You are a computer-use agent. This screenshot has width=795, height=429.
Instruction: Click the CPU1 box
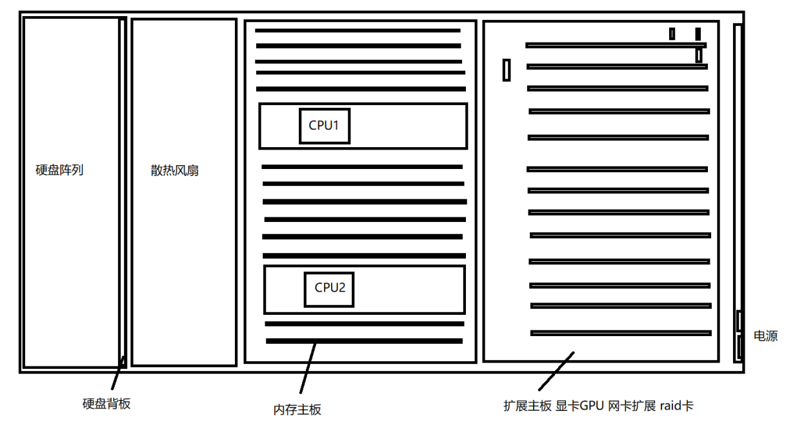click(325, 126)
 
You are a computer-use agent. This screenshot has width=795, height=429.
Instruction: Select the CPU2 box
click(329, 288)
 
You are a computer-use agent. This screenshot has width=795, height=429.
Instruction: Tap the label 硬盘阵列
click(59, 170)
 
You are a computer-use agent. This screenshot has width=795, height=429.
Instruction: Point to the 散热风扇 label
click(174, 171)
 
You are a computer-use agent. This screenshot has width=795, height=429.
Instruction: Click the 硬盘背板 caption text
click(107, 404)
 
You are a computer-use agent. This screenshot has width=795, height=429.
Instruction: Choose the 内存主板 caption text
click(297, 409)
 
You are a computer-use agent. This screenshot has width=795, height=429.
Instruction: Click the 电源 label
click(766, 336)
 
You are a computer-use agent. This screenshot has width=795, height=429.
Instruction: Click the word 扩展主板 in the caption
click(527, 406)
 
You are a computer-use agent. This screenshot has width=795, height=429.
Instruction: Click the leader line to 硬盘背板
click(117, 374)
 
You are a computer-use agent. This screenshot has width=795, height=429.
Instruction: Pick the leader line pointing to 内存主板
click(308, 368)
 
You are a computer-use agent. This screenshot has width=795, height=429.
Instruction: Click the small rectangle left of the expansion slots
click(507, 70)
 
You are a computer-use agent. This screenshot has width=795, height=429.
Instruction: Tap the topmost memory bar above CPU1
click(357, 30)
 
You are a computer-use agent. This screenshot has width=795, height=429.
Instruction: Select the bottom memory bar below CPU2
click(364, 341)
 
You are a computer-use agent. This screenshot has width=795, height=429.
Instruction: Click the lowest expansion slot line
click(621, 333)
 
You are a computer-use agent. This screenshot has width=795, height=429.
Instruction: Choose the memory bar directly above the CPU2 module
click(364, 255)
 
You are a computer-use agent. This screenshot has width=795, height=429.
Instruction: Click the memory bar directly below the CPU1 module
click(362, 166)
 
